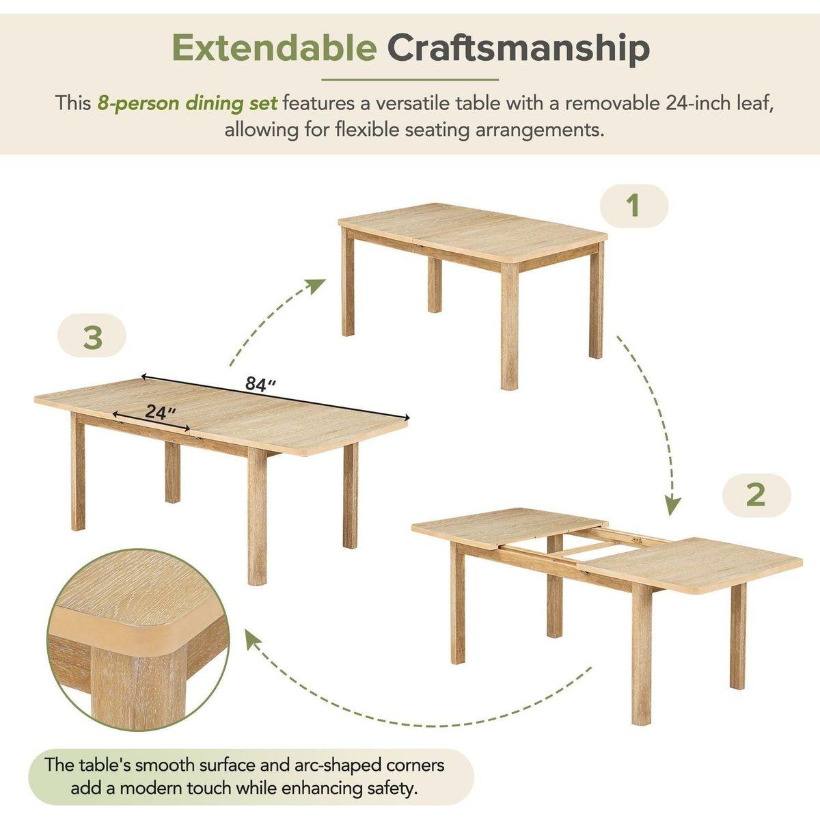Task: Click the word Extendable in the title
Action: [x=275, y=48]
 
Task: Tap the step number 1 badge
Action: [x=634, y=206]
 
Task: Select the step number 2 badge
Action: [x=756, y=495]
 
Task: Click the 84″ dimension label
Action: [x=261, y=384]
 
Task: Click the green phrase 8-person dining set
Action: [x=187, y=103]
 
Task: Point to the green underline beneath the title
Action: [x=410, y=79]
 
